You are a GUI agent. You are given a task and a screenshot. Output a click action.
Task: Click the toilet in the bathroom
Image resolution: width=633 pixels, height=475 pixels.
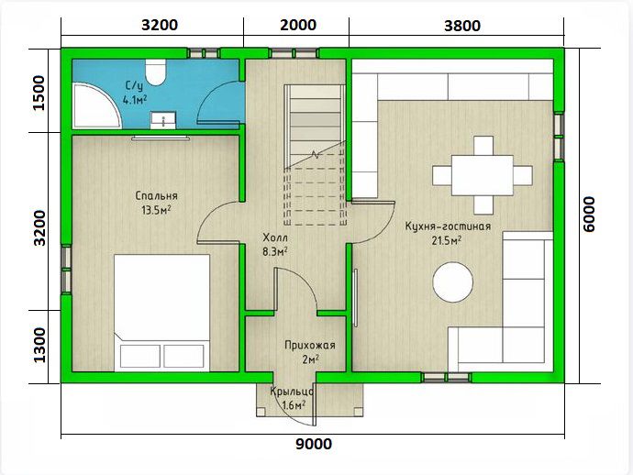tap(155, 72)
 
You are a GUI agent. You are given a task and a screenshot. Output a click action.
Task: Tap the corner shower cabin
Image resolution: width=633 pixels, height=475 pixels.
tap(95, 105)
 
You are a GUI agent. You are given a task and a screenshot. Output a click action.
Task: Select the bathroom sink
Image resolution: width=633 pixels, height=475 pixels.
tap(163, 120)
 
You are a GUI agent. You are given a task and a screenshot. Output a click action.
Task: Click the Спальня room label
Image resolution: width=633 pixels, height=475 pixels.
tap(156, 195)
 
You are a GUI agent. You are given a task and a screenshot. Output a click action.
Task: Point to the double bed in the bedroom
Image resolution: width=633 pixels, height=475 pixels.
tap(161, 313)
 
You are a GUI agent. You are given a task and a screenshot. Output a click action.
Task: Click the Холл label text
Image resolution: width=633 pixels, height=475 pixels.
tap(275, 237)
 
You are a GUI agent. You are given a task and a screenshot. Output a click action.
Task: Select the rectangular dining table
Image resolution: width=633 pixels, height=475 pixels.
tap(483, 175)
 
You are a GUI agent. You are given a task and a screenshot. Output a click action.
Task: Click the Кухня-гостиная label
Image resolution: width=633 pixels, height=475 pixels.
tap(448, 226)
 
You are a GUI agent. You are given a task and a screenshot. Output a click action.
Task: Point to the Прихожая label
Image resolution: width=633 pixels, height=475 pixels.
tap(310, 346)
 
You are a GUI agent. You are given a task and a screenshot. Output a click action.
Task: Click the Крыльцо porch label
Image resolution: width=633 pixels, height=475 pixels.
tap(292, 392)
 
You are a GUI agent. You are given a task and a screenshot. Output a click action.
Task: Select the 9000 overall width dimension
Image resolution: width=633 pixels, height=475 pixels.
tap(314, 444)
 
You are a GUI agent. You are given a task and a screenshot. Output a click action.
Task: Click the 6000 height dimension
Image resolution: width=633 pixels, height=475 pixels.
tap(589, 214)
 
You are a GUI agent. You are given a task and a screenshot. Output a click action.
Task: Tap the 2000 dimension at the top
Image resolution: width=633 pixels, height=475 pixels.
tap(298, 25)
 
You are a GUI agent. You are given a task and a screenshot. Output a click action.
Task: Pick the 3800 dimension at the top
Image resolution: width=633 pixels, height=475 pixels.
tap(462, 26)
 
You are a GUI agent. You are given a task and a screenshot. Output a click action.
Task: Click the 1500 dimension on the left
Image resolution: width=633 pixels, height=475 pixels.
tap(40, 93)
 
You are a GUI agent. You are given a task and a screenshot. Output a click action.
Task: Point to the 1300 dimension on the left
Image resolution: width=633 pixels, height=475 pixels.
tap(40, 345)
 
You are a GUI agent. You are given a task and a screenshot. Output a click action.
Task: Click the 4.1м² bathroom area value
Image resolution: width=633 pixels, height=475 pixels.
tap(135, 100)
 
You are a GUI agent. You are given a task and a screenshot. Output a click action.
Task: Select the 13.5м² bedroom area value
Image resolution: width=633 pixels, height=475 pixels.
tap(156, 210)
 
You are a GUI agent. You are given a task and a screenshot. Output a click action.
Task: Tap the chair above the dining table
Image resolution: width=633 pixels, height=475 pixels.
tap(483, 146)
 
